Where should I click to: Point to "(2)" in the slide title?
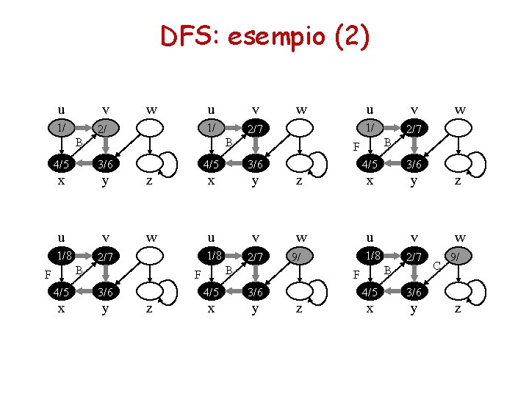click(x=351, y=36)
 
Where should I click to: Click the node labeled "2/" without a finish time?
click(x=106, y=129)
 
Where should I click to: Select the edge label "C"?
click(x=436, y=265)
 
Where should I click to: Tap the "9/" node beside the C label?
click(x=457, y=257)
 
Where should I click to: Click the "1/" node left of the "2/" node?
click(x=61, y=127)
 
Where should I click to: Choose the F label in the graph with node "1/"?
click(x=356, y=146)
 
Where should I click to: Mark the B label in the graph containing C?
click(x=387, y=270)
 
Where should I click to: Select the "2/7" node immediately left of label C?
click(x=414, y=257)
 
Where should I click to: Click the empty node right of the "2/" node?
click(x=151, y=128)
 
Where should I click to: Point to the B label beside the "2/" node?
click(x=79, y=141)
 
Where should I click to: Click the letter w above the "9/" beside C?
click(x=460, y=237)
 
